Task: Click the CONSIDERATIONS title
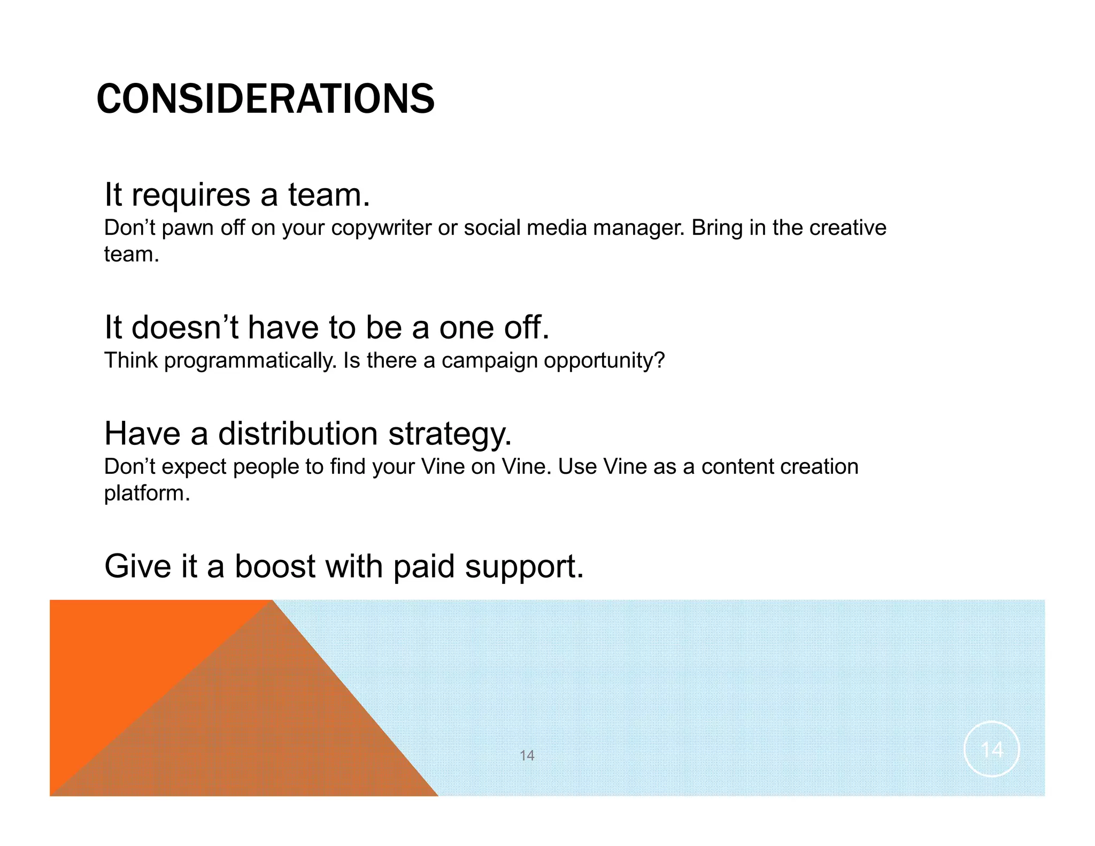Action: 265,99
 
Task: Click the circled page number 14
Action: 991,749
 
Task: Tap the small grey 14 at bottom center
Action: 527,755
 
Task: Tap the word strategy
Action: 450,434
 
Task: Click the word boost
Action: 275,566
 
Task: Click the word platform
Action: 146,494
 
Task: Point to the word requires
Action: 191,196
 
